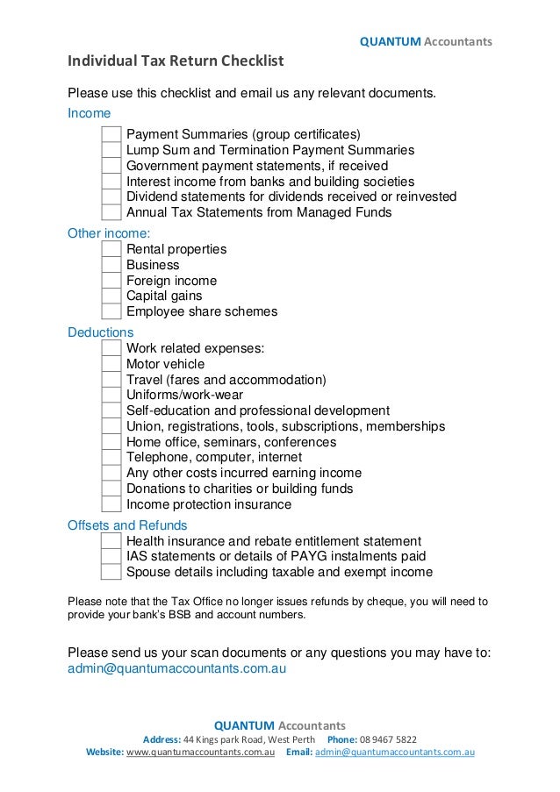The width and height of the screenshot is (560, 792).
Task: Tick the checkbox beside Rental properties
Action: click(111, 250)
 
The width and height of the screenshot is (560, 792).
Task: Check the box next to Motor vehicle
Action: click(111, 364)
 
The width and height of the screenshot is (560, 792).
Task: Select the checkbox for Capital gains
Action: click(111, 296)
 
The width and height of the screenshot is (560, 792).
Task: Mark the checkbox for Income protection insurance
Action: click(111, 504)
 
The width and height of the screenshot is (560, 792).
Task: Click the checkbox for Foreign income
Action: click(111, 281)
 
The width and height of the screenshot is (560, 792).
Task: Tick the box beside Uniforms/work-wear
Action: click(111, 396)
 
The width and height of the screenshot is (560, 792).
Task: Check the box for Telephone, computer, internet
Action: click(111, 458)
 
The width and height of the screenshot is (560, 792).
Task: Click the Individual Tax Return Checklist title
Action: click(176, 61)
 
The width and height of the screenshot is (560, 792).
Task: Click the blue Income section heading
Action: click(90, 114)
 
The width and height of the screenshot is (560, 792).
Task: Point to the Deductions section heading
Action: click(101, 332)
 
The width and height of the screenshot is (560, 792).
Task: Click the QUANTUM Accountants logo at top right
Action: click(427, 41)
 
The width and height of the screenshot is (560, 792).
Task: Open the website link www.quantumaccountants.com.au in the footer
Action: click(202, 753)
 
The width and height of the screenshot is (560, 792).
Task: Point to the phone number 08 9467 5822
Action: click(389, 739)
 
